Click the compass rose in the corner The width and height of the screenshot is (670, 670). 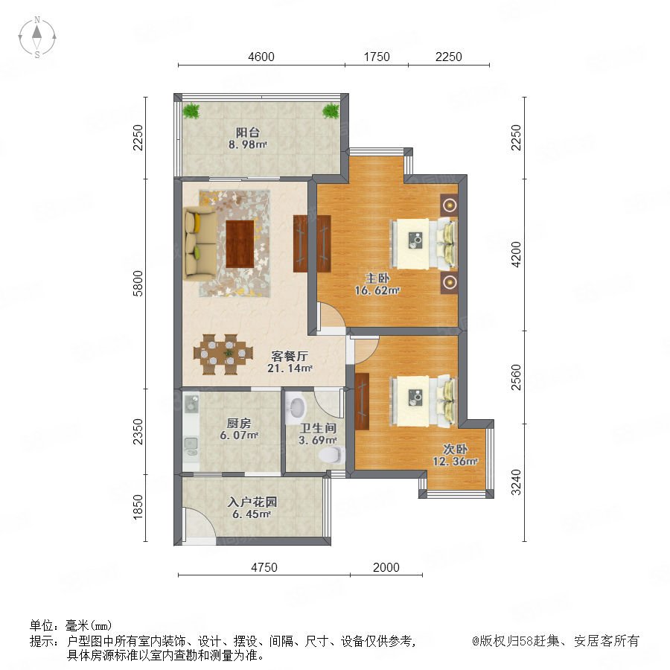[37, 37]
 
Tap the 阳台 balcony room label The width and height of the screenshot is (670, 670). [248, 138]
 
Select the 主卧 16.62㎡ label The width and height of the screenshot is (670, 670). [377, 284]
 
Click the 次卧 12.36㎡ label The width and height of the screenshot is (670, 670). [455, 455]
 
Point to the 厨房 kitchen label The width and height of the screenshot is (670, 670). [239, 429]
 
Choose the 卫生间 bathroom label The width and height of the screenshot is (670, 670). [317, 434]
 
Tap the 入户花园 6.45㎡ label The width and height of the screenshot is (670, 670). [252, 508]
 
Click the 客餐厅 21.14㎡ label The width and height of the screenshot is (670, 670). [290, 362]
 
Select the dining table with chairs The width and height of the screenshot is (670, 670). [223, 354]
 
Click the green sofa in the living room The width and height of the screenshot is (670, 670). [200, 243]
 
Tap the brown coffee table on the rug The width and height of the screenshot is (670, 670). [240, 244]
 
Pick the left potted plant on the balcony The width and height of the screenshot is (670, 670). [191, 111]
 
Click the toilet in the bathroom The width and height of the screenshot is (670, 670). [333, 455]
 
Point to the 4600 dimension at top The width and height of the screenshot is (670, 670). [261, 57]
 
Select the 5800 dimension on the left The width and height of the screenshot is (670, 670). [138, 283]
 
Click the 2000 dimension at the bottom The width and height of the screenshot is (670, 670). [386, 567]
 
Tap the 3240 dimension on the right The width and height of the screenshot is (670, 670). [516, 482]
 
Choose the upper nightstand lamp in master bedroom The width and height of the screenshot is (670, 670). [449, 205]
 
